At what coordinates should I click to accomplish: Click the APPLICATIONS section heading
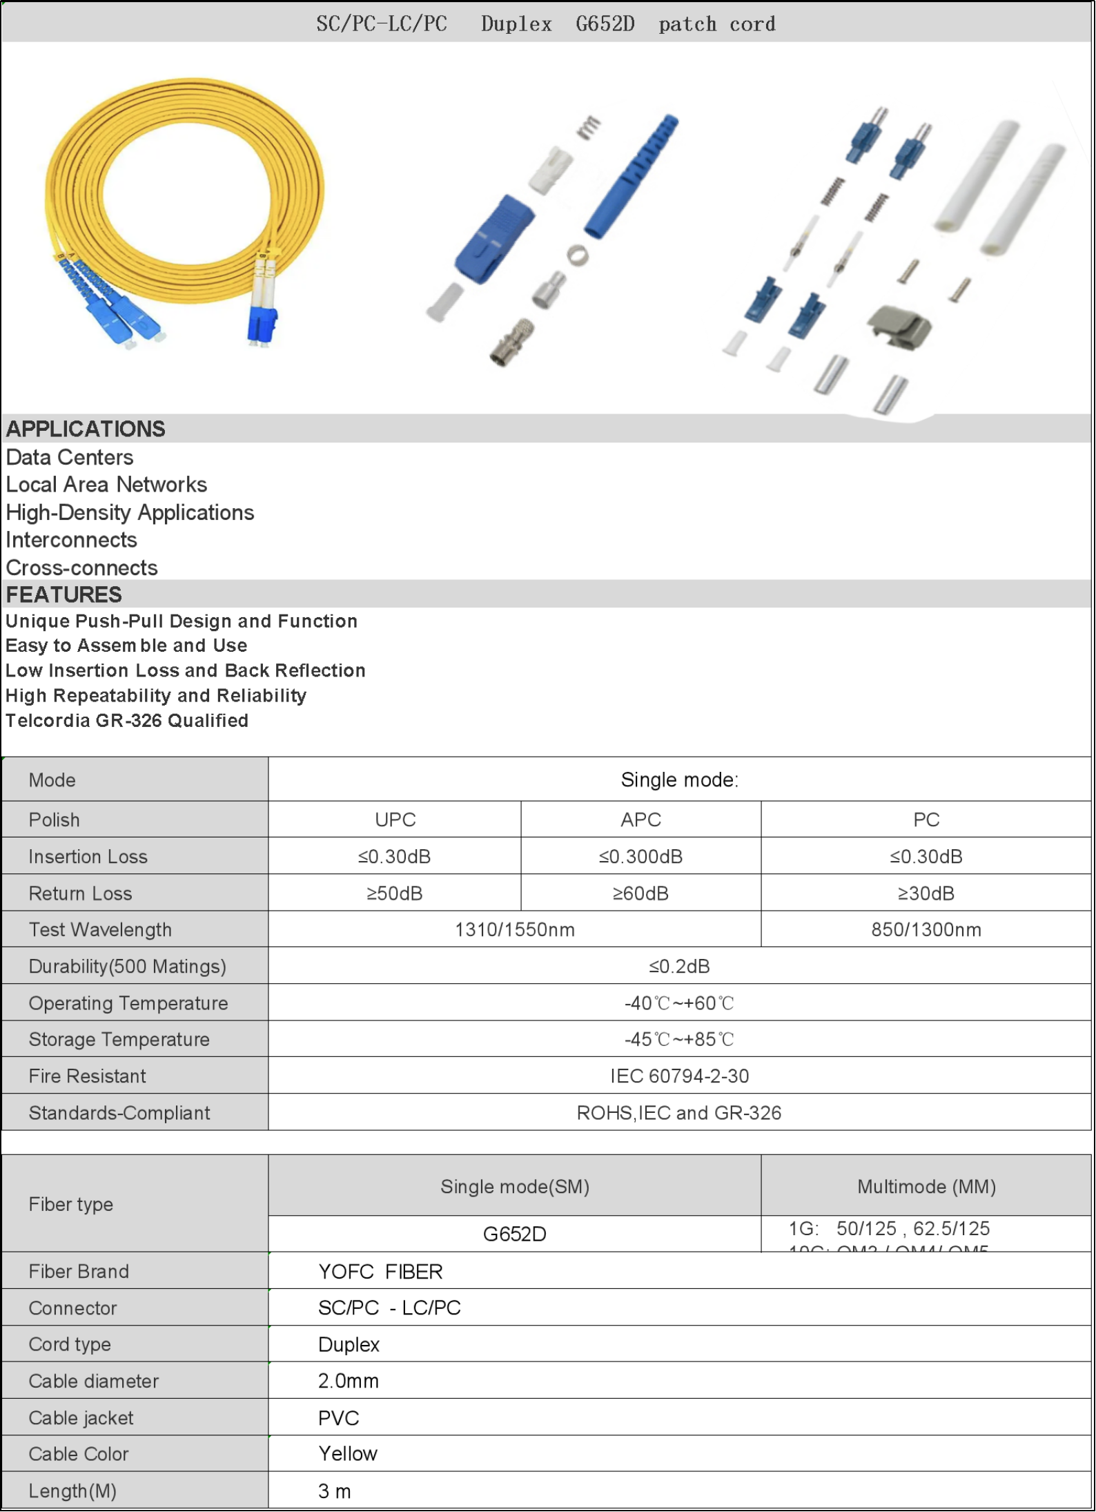click(x=86, y=429)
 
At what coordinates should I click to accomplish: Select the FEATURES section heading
click(x=64, y=594)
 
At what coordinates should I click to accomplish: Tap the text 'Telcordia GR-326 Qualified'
click(x=127, y=721)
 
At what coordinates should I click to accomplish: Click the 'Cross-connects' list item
click(x=82, y=568)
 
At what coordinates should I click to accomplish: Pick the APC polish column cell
click(x=640, y=820)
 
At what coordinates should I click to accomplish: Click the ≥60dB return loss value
click(x=640, y=893)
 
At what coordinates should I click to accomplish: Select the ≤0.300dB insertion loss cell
click(x=640, y=857)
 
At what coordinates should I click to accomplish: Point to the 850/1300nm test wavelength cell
click(x=926, y=930)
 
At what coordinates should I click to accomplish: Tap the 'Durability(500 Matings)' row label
click(x=128, y=967)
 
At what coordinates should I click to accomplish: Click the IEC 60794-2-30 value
click(x=679, y=1076)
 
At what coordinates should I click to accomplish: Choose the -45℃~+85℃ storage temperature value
click(x=679, y=1040)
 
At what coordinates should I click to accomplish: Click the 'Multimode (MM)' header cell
click(x=926, y=1187)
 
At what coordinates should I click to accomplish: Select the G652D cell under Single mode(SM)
click(x=514, y=1234)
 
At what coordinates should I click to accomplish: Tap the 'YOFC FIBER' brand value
click(x=380, y=1272)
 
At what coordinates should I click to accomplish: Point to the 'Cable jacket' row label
click(x=81, y=1418)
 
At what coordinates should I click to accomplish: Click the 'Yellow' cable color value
click(x=348, y=1454)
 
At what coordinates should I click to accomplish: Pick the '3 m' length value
click(x=335, y=1491)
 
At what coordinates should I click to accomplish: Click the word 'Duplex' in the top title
click(x=516, y=24)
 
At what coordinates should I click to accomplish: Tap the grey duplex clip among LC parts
click(x=899, y=327)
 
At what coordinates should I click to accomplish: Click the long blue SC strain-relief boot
click(x=632, y=176)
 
